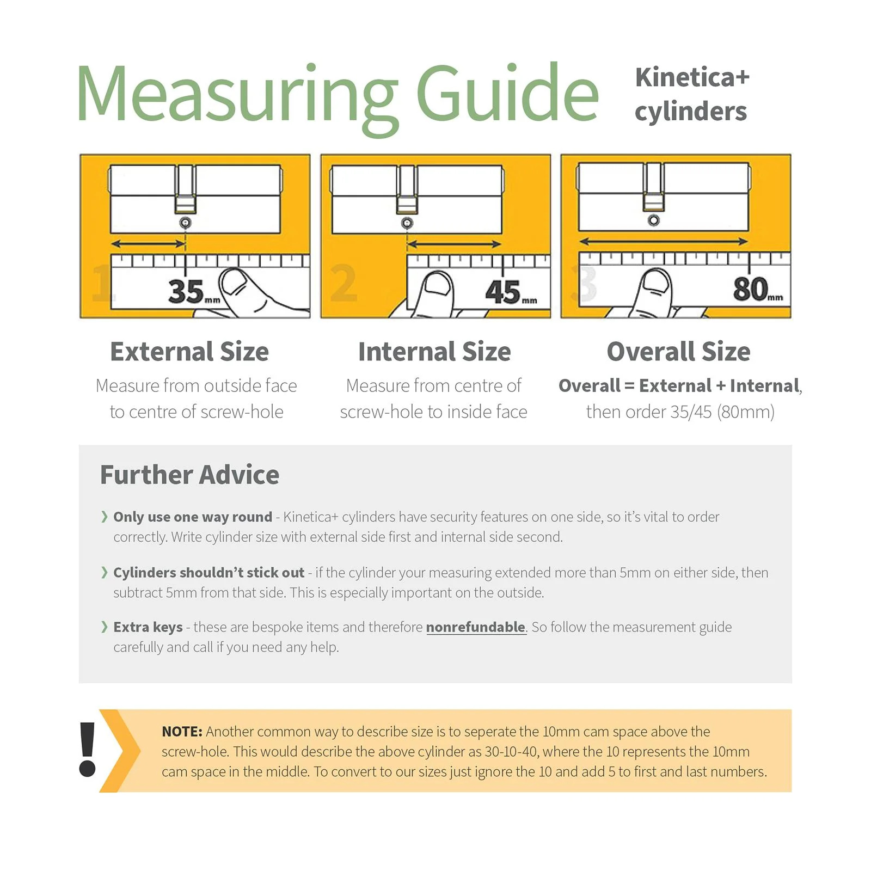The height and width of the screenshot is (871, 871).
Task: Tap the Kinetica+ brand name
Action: coord(692,77)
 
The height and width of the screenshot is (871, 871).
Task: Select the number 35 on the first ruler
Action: coord(186,291)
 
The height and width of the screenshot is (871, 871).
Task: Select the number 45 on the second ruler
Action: coord(503,292)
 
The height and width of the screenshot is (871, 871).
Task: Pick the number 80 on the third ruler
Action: coord(750,289)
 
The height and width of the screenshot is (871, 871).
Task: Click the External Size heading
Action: coord(189,352)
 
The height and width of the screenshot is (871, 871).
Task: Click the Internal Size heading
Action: coord(434,352)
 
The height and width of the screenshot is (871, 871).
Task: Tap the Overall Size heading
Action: coord(678,352)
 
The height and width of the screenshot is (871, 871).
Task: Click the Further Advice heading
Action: coord(189,475)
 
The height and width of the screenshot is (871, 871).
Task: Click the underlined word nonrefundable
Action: coord(476,627)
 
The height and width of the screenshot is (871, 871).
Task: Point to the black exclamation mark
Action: coord(87,750)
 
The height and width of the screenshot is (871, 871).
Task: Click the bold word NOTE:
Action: coord(182,732)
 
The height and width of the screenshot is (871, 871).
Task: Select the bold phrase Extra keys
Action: coord(148,627)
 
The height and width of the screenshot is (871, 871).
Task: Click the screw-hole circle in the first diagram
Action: coord(185,223)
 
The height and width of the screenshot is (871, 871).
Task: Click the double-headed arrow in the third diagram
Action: coord(663,241)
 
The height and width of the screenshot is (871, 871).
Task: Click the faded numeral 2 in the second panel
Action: coord(344,283)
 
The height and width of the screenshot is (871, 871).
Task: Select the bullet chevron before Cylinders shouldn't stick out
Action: coord(104,572)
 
